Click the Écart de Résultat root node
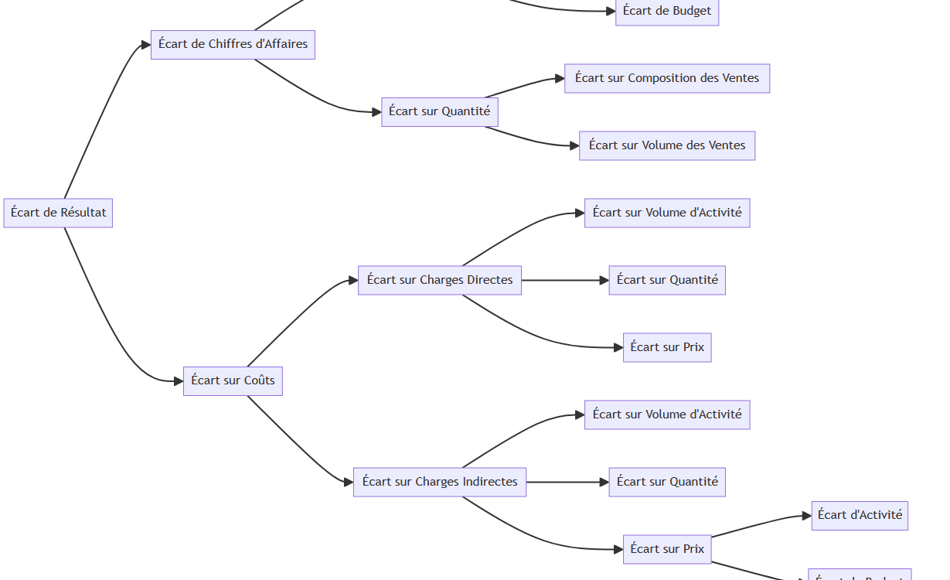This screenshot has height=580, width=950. [x=58, y=213]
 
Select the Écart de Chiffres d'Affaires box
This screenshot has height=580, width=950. [x=233, y=44]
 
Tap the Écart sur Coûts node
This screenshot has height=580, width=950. [x=233, y=380]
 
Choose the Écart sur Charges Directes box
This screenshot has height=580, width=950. [x=439, y=280]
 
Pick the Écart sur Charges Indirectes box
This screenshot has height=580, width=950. [x=439, y=482]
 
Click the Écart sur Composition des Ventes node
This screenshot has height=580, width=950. [x=666, y=78]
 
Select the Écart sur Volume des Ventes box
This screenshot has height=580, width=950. [x=666, y=145]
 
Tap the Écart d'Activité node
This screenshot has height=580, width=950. [x=859, y=515]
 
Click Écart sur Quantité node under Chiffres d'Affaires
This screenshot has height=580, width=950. [x=439, y=111]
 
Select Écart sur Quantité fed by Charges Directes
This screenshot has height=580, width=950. [x=666, y=280]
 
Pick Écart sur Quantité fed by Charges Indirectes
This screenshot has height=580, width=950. [x=666, y=482]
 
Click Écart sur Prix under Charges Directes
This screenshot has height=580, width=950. [x=666, y=347]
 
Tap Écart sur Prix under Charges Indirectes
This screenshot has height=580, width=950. [x=666, y=549]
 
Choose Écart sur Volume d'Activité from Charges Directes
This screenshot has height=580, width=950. [x=666, y=213]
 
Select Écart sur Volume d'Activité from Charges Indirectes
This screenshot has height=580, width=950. [x=666, y=415]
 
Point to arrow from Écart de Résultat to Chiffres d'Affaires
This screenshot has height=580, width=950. [x=100, y=116]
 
